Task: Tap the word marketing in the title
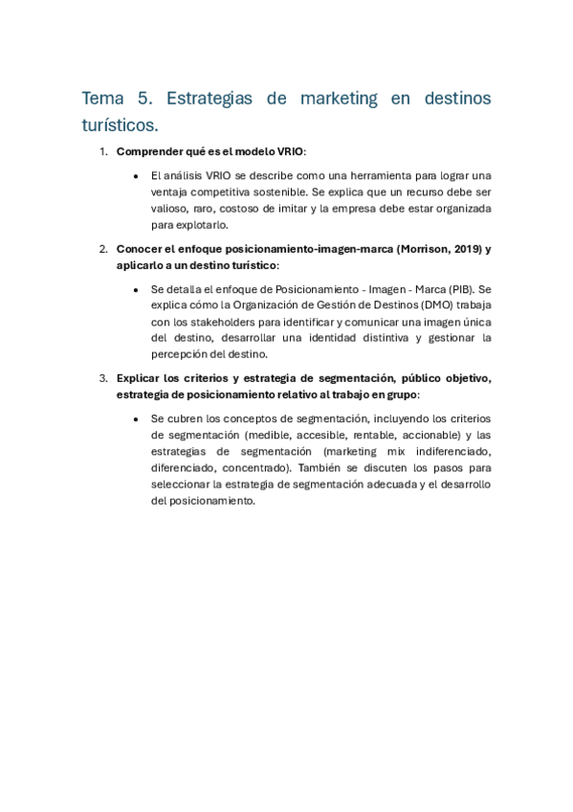click(339, 99)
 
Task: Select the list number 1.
click(103, 151)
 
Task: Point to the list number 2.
click(103, 249)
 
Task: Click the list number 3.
click(103, 377)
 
